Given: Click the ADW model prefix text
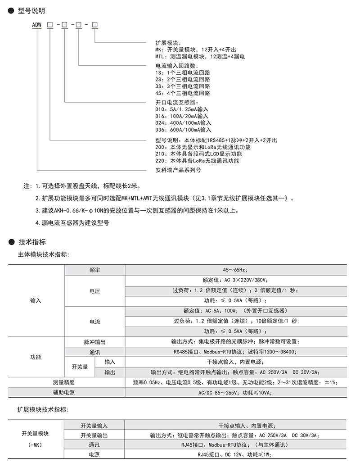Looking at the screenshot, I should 36,24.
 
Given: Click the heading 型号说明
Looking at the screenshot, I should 31,10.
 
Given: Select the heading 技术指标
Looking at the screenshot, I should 31,242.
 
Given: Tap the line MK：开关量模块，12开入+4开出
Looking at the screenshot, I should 195,50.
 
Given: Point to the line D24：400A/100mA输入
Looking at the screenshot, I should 183,122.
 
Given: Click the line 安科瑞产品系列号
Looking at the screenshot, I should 178,170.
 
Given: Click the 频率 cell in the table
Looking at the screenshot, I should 94,269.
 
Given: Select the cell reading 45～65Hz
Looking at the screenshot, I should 234,269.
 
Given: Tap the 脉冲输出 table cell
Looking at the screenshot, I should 94,342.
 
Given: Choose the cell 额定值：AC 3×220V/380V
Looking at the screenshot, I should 234,280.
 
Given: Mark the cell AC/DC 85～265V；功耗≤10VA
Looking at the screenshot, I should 234,392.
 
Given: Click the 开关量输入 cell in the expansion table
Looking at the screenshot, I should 94,426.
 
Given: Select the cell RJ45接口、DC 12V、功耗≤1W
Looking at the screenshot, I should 234,454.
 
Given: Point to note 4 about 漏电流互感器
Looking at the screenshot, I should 72,222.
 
